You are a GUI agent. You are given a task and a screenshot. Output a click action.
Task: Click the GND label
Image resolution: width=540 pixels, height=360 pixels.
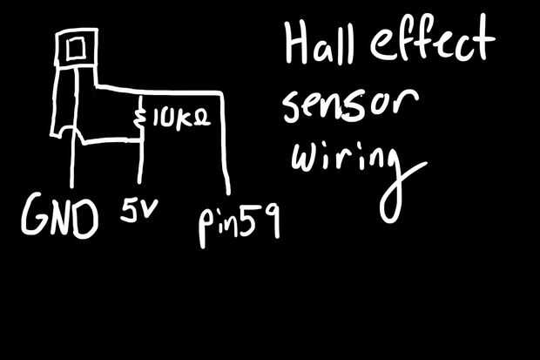tap(59, 219)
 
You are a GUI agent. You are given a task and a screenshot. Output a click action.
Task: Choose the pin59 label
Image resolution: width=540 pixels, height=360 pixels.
tap(237, 226)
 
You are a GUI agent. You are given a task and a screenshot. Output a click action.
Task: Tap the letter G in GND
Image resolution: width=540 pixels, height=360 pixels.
tap(34, 219)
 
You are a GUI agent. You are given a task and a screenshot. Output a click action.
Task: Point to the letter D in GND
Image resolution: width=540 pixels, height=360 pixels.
tap(84, 219)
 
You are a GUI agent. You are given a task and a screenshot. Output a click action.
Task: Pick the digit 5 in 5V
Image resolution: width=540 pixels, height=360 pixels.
tap(129, 211)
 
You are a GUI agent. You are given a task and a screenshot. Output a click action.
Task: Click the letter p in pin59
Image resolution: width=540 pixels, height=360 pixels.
tap(207, 228)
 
